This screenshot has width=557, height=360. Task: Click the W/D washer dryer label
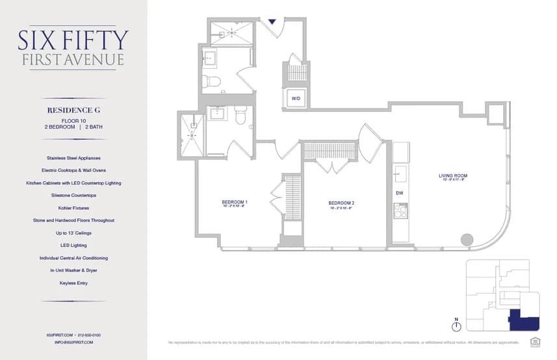coord(296,98)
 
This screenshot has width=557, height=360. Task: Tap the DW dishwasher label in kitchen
coord(399,193)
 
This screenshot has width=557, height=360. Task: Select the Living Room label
coord(453,176)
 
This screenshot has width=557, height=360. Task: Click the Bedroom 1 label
coord(234,203)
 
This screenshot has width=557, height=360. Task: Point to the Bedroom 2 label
coord(341,203)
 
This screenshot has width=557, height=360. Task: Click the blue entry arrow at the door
coord(272,21)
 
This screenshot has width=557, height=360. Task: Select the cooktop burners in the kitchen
coord(401,211)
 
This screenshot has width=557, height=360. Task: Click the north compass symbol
coord(456,325)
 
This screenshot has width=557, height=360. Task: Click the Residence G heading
coord(73,110)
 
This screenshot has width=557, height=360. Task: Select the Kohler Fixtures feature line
coord(73,208)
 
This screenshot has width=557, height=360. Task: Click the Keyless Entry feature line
coord(73,283)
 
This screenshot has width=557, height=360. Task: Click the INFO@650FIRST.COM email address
coord(73,342)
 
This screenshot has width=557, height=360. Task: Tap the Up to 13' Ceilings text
coord(73,233)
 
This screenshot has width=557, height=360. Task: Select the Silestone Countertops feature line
coord(73,195)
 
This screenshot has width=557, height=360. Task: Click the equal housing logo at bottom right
coord(535,341)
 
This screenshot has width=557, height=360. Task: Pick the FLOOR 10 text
coord(73,121)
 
